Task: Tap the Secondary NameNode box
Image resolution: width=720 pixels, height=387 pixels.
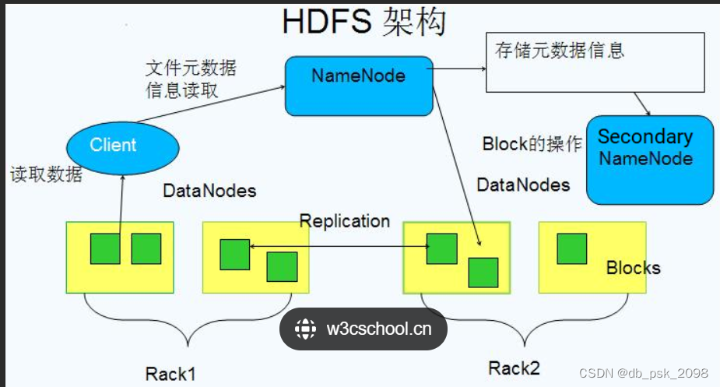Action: tap(649, 159)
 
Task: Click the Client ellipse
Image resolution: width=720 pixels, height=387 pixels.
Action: tap(123, 145)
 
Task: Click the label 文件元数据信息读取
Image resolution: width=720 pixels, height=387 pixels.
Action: tap(190, 79)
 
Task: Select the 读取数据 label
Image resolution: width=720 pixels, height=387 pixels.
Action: tap(46, 174)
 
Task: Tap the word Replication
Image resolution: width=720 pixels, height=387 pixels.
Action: tap(344, 220)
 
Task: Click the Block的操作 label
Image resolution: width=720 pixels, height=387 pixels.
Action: tap(532, 144)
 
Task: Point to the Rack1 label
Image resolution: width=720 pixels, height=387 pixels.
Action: tap(170, 373)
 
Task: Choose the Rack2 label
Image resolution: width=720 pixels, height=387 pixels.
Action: tap(514, 367)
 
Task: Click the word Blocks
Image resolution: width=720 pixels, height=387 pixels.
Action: tap(633, 268)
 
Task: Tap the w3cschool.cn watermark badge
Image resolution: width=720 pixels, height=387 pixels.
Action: tap(364, 329)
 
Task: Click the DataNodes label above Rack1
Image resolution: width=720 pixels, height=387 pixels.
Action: tap(209, 190)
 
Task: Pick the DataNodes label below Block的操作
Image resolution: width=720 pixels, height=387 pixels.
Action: tap(522, 185)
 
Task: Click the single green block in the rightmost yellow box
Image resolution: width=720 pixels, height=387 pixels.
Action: tap(572, 248)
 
